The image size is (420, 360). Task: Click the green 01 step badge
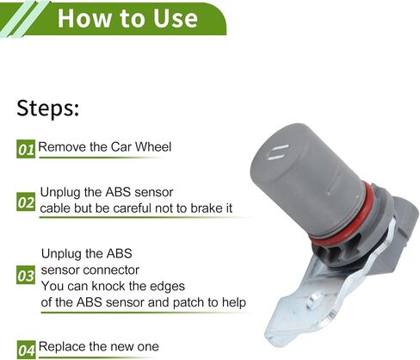click(26, 149)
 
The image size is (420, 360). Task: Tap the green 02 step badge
click(26, 202)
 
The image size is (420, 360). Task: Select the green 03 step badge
click(26, 276)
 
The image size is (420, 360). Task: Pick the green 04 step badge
click(26, 350)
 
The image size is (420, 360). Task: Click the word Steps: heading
click(47, 109)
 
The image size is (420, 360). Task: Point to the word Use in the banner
click(176, 18)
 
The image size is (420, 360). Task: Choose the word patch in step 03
click(185, 302)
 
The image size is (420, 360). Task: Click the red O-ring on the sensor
click(340, 219)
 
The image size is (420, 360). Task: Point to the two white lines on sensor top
click(278, 152)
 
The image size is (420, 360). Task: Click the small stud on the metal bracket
click(313, 301)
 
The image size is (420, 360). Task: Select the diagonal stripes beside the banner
click(24, 18)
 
